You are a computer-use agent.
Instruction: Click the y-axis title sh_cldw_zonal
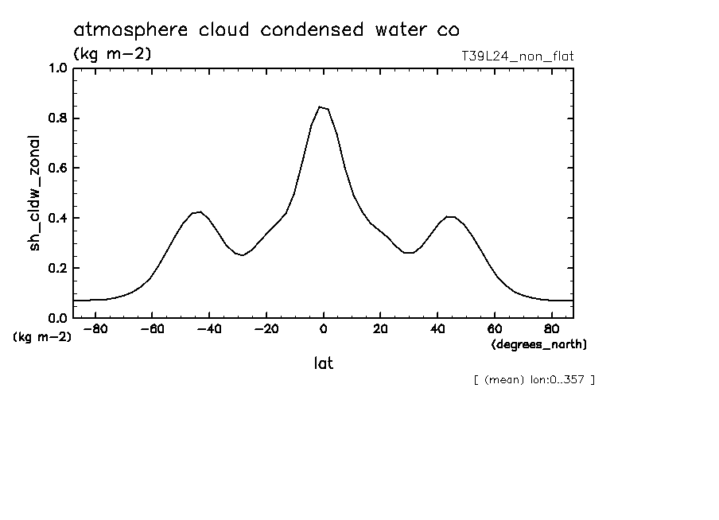pos(35,192)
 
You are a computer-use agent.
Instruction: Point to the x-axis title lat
pos(322,364)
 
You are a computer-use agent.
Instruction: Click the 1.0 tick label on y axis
pos(59,68)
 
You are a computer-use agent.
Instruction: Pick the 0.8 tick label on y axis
pos(59,118)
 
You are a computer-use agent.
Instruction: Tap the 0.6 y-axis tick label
pos(59,169)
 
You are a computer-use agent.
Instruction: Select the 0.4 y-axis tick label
pos(59,218)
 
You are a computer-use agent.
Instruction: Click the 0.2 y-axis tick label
pos(59,268)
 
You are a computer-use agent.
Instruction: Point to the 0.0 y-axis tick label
pos(59,318)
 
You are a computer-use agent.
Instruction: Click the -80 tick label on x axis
pos(95,329)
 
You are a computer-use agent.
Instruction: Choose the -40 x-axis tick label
pos(209,329)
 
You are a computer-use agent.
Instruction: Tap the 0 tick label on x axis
pos(323,329)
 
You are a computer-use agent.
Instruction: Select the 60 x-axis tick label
pos(494,329)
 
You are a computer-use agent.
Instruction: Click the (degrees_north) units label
pos(539,344)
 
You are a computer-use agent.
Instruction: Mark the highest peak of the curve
pos(320,107)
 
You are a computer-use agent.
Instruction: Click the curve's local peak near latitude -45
pos(200,211)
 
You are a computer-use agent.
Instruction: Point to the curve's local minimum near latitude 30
pos(409,253)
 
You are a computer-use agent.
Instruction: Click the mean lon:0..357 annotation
pos(534,380)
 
